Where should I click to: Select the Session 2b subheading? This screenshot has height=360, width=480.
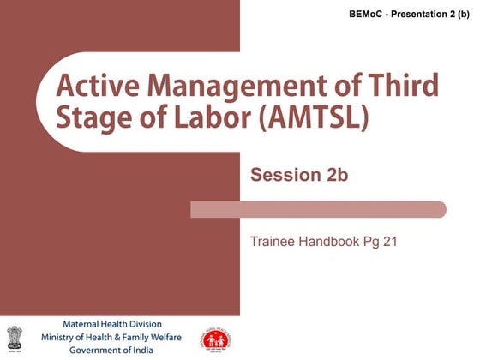[299, 176]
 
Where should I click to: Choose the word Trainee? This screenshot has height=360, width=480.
[272, 242]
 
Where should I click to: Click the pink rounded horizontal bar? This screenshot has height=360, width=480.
[318, 209]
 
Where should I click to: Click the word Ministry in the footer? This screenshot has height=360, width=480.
[63, 337]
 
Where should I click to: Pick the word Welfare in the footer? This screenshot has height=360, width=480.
[170, 337]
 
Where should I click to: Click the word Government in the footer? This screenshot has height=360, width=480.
[93, 350]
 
